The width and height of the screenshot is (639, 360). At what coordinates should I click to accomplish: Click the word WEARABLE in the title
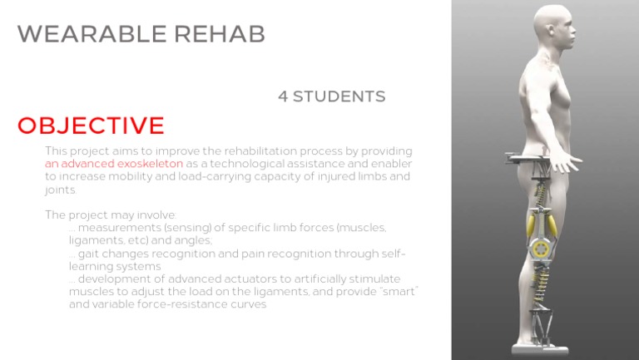tap(92, 34)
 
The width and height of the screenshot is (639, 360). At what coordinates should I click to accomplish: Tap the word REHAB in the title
tap(220, 34)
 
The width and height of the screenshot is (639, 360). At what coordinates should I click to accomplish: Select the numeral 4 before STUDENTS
tap(283, 96)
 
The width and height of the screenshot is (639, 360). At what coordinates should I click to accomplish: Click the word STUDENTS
tap(339, 96)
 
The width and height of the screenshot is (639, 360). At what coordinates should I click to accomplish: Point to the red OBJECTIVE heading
tap(91, 126)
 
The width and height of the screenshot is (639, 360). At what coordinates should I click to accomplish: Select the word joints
tap(61, 190)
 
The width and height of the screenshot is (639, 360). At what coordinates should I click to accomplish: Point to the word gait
tap(87, 254)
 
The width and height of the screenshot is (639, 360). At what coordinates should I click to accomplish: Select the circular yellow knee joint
tap(541, 249)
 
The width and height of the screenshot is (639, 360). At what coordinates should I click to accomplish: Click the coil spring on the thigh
tap(541, 195)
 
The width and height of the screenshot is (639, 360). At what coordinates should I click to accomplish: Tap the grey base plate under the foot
tap(540, 350)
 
